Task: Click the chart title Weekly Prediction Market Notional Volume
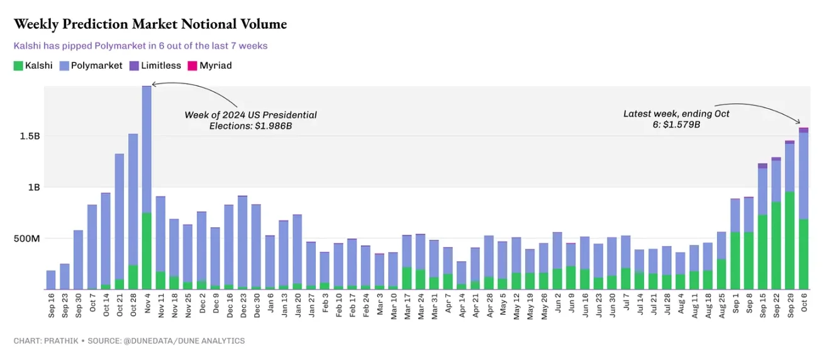click(x=150, y=25)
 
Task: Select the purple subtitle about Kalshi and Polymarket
click(x=140, y=46)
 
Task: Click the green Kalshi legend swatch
click(x=18, y=65)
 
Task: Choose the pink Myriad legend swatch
click(x=192, y=65)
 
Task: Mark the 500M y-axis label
click(x=26, y=239)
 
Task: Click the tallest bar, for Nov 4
click(x=147, y=151)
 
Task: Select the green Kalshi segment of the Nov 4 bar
click(x=147, y=252)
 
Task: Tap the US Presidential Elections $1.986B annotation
click(x=250, y=120)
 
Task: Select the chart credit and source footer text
click(x=129, y=341)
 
